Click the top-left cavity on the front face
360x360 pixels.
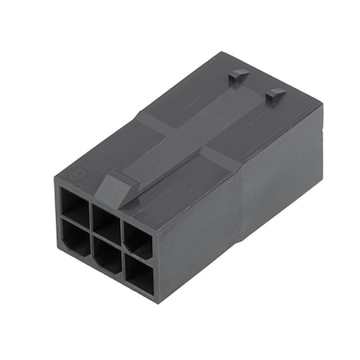(x=74, y=206)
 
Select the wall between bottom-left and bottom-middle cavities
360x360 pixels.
(x=89, y=245)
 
